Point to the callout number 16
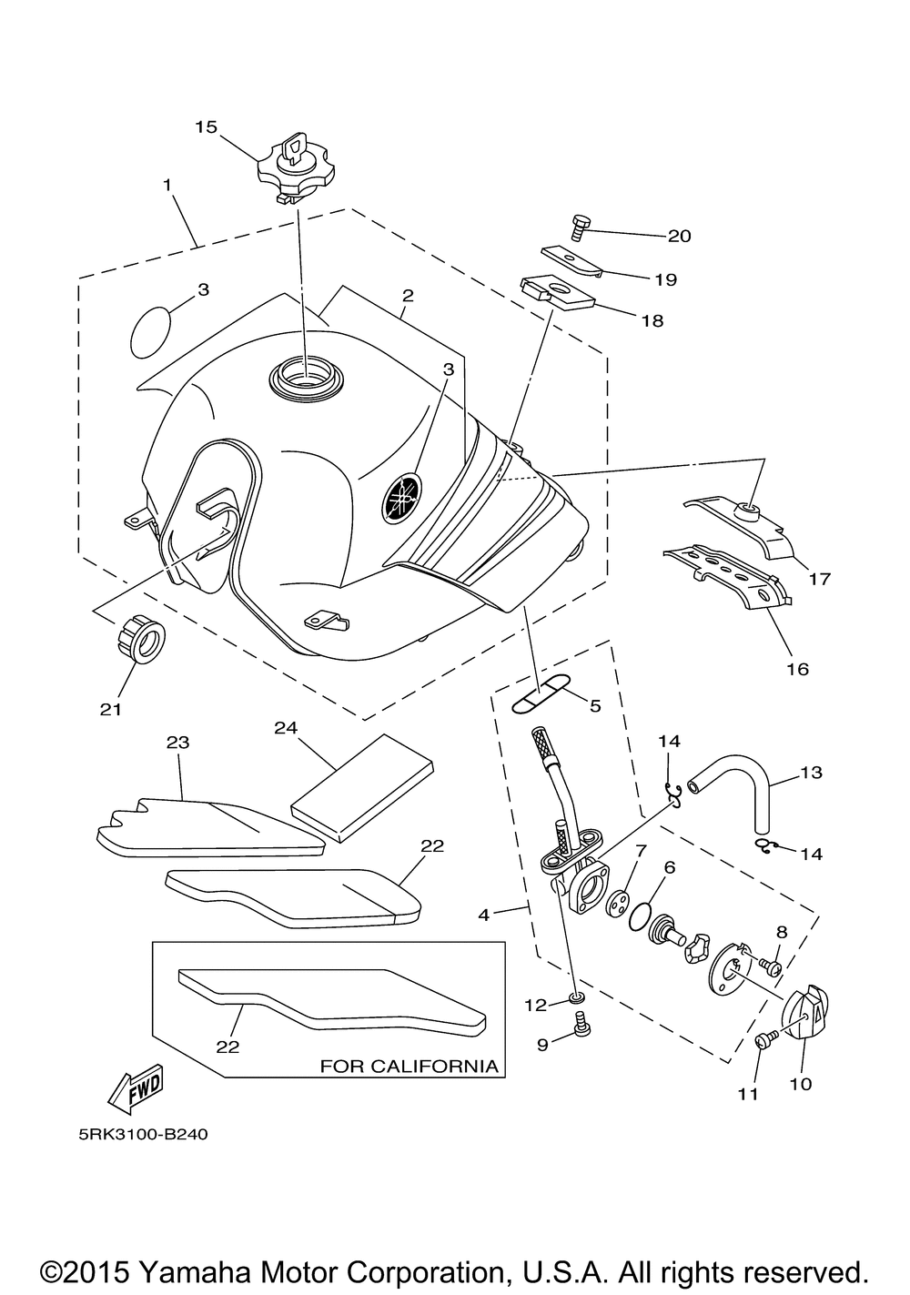pyautogui.click(x=797, y=669)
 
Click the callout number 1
pyautogui.click(x=167, y=185)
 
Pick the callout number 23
pyautogui.click(x=177, y=742)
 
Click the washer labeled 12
pyautogui.click(x=576, y=997)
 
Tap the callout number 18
pyautogui.click(x=652, y=320)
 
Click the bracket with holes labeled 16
pyautogui.click(x=727, y=576)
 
